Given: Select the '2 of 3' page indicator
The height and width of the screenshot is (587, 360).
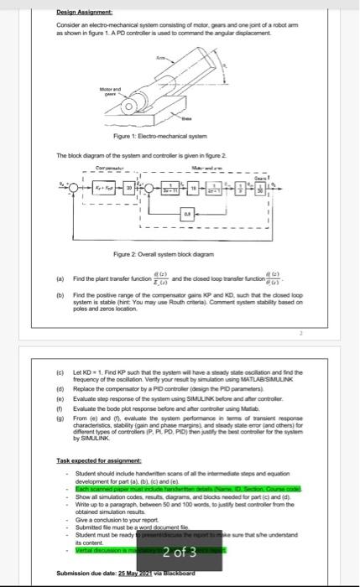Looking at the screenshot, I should (x=180, y=527).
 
